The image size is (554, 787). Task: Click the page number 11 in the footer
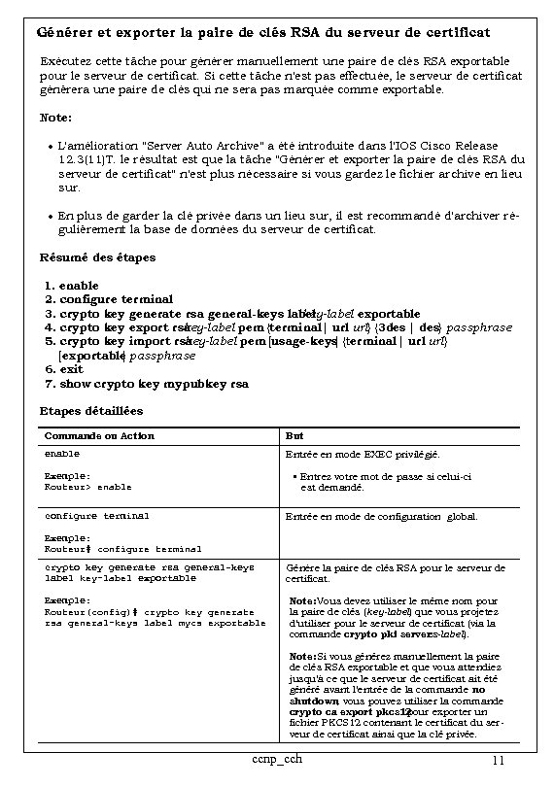(496, 760)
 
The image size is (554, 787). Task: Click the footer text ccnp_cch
(274, 758)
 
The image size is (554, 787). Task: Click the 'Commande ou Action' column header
(99, 435)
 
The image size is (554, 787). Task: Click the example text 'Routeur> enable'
(88, 486)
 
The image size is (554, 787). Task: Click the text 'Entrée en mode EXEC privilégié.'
(362, 454)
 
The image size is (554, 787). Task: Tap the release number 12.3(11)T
(88, 157)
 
